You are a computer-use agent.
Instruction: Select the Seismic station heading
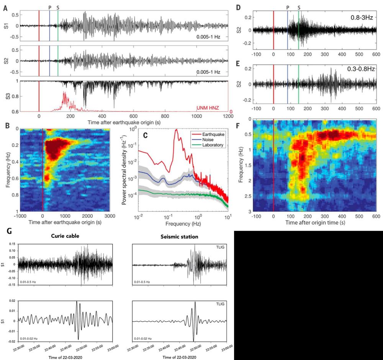coord(180,237)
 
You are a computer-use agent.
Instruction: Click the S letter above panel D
coord(299,7)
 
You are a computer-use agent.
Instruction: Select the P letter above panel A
coord(49,7)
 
